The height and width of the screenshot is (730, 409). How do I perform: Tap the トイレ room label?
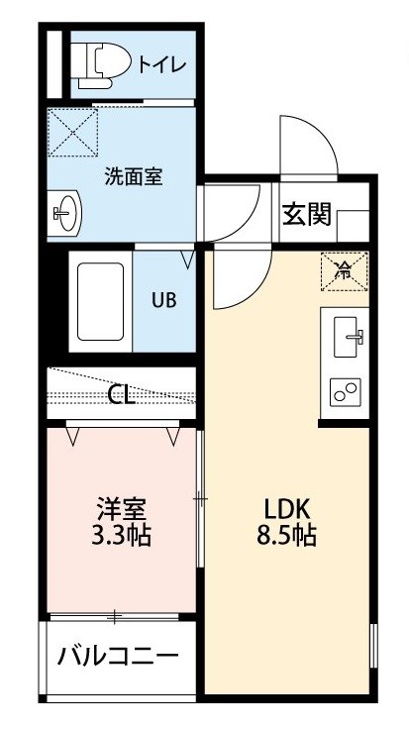click(161, 65)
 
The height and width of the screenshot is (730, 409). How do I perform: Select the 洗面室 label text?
click(133, 177)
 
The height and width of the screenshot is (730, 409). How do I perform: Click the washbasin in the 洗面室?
click(64, 214)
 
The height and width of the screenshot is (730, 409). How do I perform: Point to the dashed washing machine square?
click(72, 132)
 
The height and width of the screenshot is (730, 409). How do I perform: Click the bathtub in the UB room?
click(100, 301)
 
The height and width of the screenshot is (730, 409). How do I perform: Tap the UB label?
click(164, 301)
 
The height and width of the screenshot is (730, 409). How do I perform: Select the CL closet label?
click(121, 395)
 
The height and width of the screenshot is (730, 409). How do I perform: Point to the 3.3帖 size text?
click(121, 536)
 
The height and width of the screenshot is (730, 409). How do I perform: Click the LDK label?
click(287, 510)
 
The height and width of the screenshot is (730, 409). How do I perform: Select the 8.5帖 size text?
click(287, 536)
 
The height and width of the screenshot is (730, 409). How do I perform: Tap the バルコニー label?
click(118, 658)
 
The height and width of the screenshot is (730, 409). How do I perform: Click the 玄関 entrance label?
click(307, 215)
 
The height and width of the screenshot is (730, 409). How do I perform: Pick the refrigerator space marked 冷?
click(345, 271)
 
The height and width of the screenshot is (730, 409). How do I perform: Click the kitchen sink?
click(347, 337)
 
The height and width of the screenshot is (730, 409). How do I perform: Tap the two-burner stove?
click(346, 392)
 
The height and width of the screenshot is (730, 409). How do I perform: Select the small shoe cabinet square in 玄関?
click(353, 226)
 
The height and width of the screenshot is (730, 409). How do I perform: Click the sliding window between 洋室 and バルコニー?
click(115, 617)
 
